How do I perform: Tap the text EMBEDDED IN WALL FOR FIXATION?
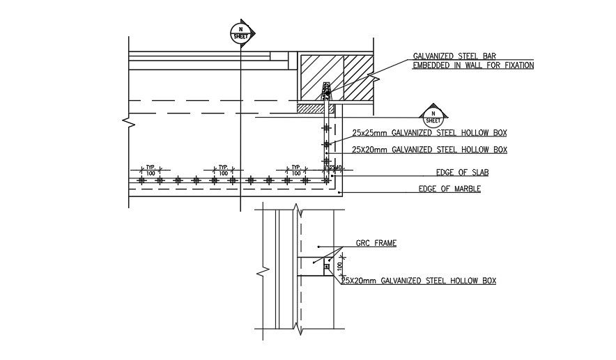click(x=473, y=65)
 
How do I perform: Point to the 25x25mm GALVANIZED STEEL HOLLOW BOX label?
click(x=429, y=132)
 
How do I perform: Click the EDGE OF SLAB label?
click(x=447, y=174)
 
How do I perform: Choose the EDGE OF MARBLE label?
click(x=449, y=189)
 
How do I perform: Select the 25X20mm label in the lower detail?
click(x=419, y=281)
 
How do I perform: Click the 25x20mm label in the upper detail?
click(x=429, y=149)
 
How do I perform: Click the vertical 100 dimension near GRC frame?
click(x=340, y=266)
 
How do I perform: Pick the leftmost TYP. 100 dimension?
click(x=150, y=170)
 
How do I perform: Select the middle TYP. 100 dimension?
click(x=223, y=170)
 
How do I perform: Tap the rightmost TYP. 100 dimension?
click(x=296, y=170)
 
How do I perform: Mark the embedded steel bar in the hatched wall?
click(x=326, y=90)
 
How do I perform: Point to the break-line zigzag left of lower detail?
click(x=261, y=269)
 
